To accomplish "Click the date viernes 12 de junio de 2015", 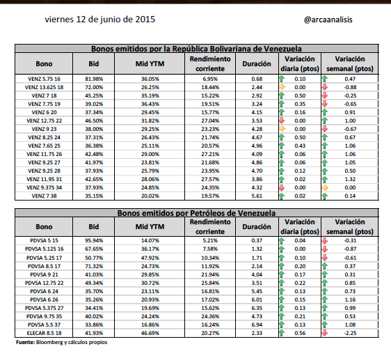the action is (99, 19).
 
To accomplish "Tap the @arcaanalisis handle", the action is (328, 19).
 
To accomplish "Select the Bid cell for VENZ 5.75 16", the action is (94, 79).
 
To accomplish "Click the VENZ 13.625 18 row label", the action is (44, 87).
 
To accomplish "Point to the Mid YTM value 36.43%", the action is (150, 104).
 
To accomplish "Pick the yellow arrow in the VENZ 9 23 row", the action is (282, 129).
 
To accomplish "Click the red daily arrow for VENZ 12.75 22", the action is (282, 120).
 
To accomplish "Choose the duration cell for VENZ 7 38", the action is (257, 196).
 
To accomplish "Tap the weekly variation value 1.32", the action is (350, 179).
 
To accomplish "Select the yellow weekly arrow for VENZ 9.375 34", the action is (325, 188).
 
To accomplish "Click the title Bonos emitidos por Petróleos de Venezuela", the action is (196, 213).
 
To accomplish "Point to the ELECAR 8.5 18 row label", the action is (44, 333).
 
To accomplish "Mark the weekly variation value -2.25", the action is (350, 333).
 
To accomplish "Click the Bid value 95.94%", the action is (94, 241).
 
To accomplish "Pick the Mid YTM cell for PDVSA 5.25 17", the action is (150, 258).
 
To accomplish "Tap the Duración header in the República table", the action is (257, 64).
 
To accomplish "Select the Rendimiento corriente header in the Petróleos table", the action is (210, 227).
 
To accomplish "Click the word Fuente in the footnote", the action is (25, 342).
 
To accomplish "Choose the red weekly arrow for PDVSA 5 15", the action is (325, 241).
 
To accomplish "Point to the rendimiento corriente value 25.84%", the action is (210, 283).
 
